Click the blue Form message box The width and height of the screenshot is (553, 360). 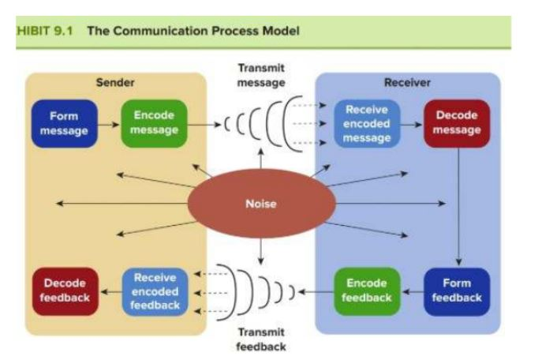[64, 124]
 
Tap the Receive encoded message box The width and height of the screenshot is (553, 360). [367, 124]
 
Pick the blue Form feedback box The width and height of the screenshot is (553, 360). [457, 291]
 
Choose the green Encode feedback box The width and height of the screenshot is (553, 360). [367, 291]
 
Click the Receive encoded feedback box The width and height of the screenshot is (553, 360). [155, 291]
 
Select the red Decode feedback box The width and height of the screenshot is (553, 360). [65, 291]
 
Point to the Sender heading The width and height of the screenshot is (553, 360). [114, 82]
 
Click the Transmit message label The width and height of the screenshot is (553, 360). [261, 75]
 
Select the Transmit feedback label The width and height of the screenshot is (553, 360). [260, 339]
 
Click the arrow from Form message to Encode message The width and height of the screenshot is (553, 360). [108, 124]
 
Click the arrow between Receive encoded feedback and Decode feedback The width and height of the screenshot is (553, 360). [109, 291]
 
